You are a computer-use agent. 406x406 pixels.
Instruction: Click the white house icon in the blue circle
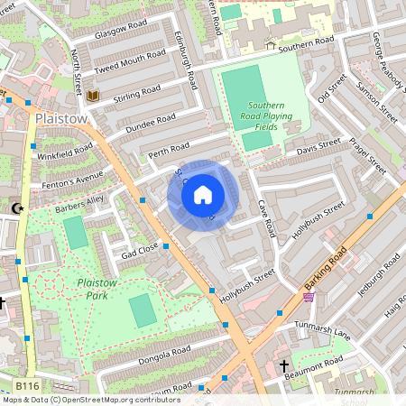[203, 195]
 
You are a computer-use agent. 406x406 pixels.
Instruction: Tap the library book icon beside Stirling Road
[92, 97]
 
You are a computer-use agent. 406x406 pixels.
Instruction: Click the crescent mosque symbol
[15, 208]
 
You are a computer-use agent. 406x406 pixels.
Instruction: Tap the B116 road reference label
[27, 385]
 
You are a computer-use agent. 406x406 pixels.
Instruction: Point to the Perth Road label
[169, 147]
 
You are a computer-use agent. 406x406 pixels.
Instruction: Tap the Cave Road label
[265, 218]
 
